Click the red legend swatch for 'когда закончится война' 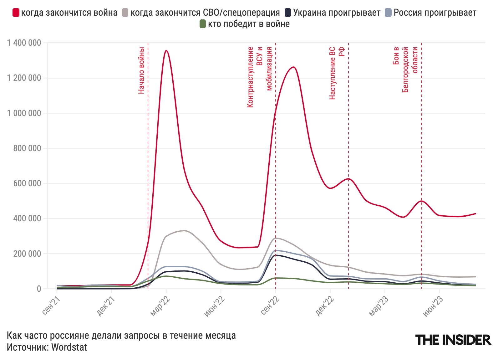(x=16, y=13)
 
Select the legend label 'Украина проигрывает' (x=337, y=13)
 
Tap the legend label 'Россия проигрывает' (x=435, y=13)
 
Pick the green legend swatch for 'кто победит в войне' (x=202, y=24)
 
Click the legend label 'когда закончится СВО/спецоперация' (x=205, y=13)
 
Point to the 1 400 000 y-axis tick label (x=24, y=43)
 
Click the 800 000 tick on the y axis (x=27, y=148)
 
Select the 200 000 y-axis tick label (x=27, y=254)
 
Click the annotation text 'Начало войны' (x=141, y=70)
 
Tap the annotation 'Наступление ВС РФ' (x=337, y=73)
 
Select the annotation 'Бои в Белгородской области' (x=405, y=69)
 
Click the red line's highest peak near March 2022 (x=166, y=50)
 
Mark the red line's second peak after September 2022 (x=293, y=67)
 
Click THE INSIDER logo (x=453, y=340)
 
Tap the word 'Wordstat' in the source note (x=69, y=347)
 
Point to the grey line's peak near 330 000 (x=185, y=231)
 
